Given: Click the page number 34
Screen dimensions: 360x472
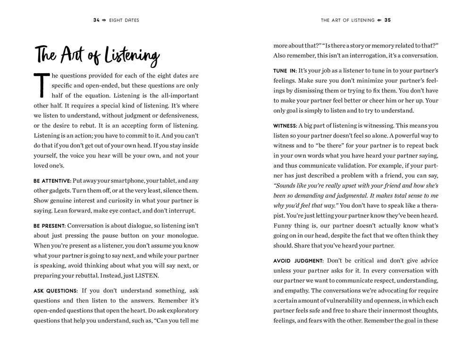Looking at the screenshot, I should click(x=97, y=20).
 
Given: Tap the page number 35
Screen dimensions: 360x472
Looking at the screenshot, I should click(x=388, y=20).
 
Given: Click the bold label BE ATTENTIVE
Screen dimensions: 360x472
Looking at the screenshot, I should click(x=52, y=180).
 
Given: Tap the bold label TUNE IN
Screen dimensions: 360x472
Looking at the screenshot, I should click(x=285, y=71).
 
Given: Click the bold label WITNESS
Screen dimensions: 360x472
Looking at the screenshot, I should click(x=285, y=126).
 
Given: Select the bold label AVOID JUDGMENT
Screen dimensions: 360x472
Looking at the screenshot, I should click(x=298, y=261).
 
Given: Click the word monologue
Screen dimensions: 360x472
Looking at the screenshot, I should click(x=179, y=236).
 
